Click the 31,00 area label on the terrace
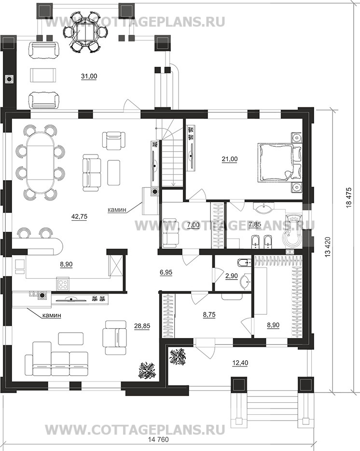click(x=89, y=76)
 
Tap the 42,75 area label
click(x=79, y=216)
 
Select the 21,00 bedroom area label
click(x=229, y=159)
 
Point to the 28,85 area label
click(x=142, y=325)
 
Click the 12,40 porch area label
click(x=240, y=363)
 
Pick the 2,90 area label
click(x=232, y=276)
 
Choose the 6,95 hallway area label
click(x=166, y=272)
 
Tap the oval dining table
click(x=40, y=163)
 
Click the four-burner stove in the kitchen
click(x=63, y=284)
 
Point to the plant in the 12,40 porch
click(x=178, y=357)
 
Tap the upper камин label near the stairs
click(x=117, y=210)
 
